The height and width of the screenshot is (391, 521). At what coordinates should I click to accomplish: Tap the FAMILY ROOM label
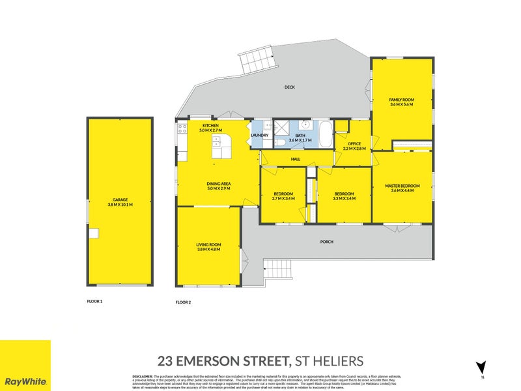point(402,102)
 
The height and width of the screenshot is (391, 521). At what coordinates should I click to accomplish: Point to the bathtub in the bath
point(324,134)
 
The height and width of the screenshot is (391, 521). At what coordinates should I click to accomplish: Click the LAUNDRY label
point(260,136)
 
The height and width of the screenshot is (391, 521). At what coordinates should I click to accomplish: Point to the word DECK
point(290,87)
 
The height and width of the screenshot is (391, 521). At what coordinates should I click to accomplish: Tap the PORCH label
point(327,242)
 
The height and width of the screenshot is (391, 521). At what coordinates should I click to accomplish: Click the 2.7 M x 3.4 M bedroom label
point(283,196)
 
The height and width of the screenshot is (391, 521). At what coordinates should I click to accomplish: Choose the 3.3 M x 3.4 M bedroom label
point(344,196)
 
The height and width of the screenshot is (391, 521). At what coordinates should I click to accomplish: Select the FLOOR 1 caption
point(95,301)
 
